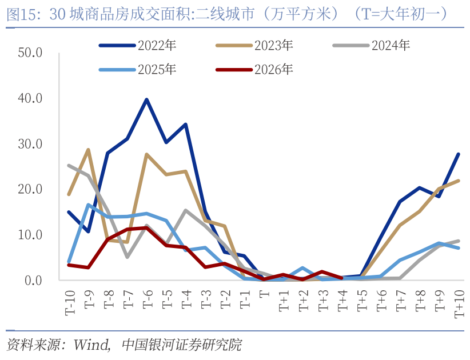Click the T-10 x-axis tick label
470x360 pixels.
(x=70, y=301)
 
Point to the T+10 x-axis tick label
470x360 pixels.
(x=459, y=302)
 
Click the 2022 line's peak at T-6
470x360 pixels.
(x=147, y=100)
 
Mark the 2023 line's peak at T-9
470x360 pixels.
(x=88, y=150)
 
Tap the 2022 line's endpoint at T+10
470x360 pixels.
(x=459, y=154)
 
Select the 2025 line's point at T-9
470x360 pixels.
(x=88, y=205)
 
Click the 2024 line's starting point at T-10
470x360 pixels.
(x=69, y=166)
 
